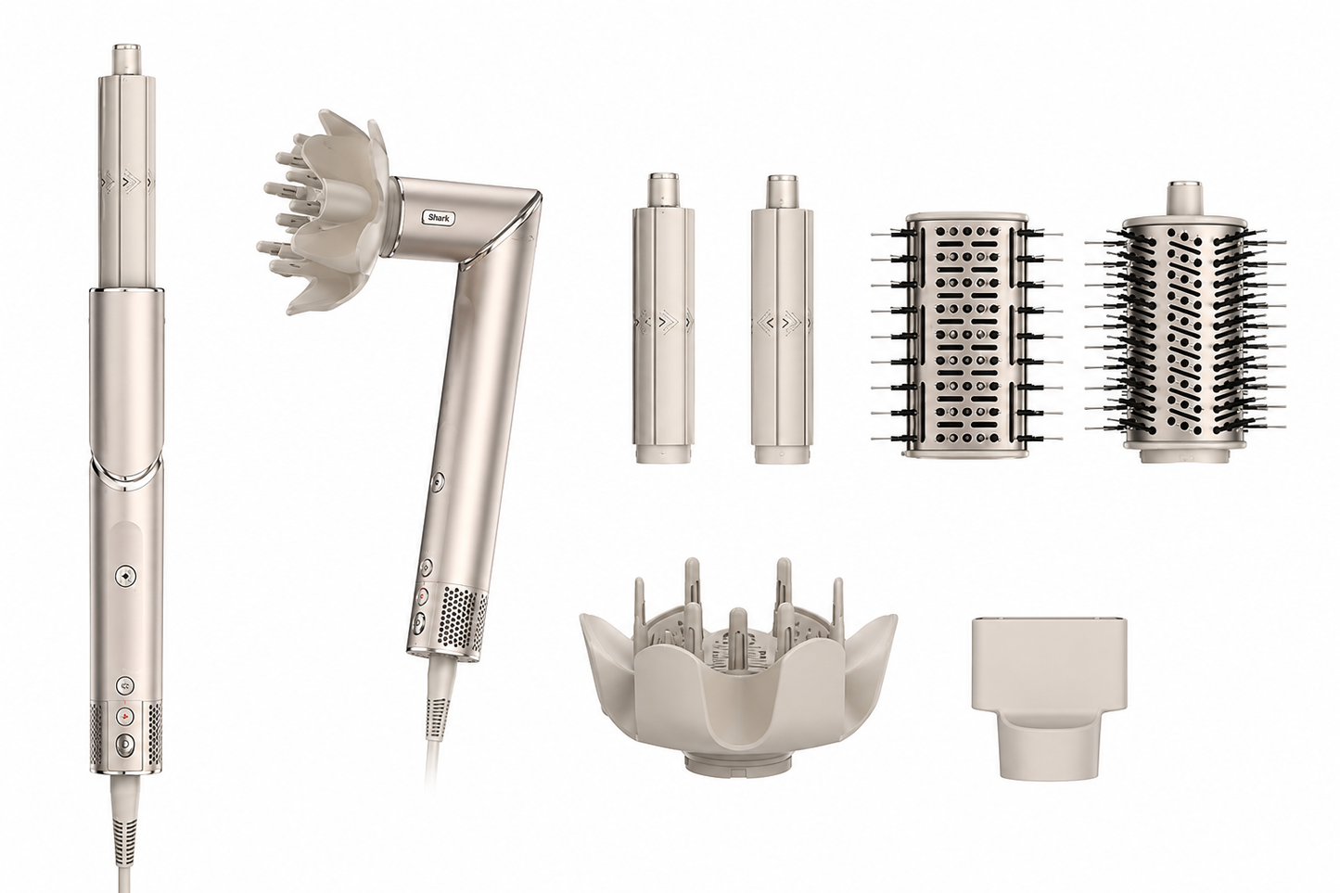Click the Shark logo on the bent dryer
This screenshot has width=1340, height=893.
pos(439,218)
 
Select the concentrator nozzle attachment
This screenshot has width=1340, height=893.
pos(1049,696)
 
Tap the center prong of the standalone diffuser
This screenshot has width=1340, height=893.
pos(738,634)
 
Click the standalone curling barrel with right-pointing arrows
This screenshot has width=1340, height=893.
pos(664,318)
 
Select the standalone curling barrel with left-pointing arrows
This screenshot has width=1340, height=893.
pos(782,318)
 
